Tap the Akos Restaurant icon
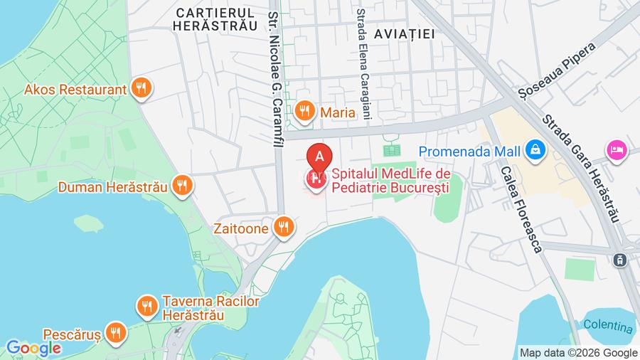click(x=143, y=89)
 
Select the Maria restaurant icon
click(x=305, y=110)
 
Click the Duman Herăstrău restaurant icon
click(x=183, y=186)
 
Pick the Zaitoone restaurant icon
click(x=284, y=228)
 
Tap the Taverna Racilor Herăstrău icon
click(x=146, y=307)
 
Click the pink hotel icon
click(x=616, y=150)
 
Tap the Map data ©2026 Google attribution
click(x=578, y=353)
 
